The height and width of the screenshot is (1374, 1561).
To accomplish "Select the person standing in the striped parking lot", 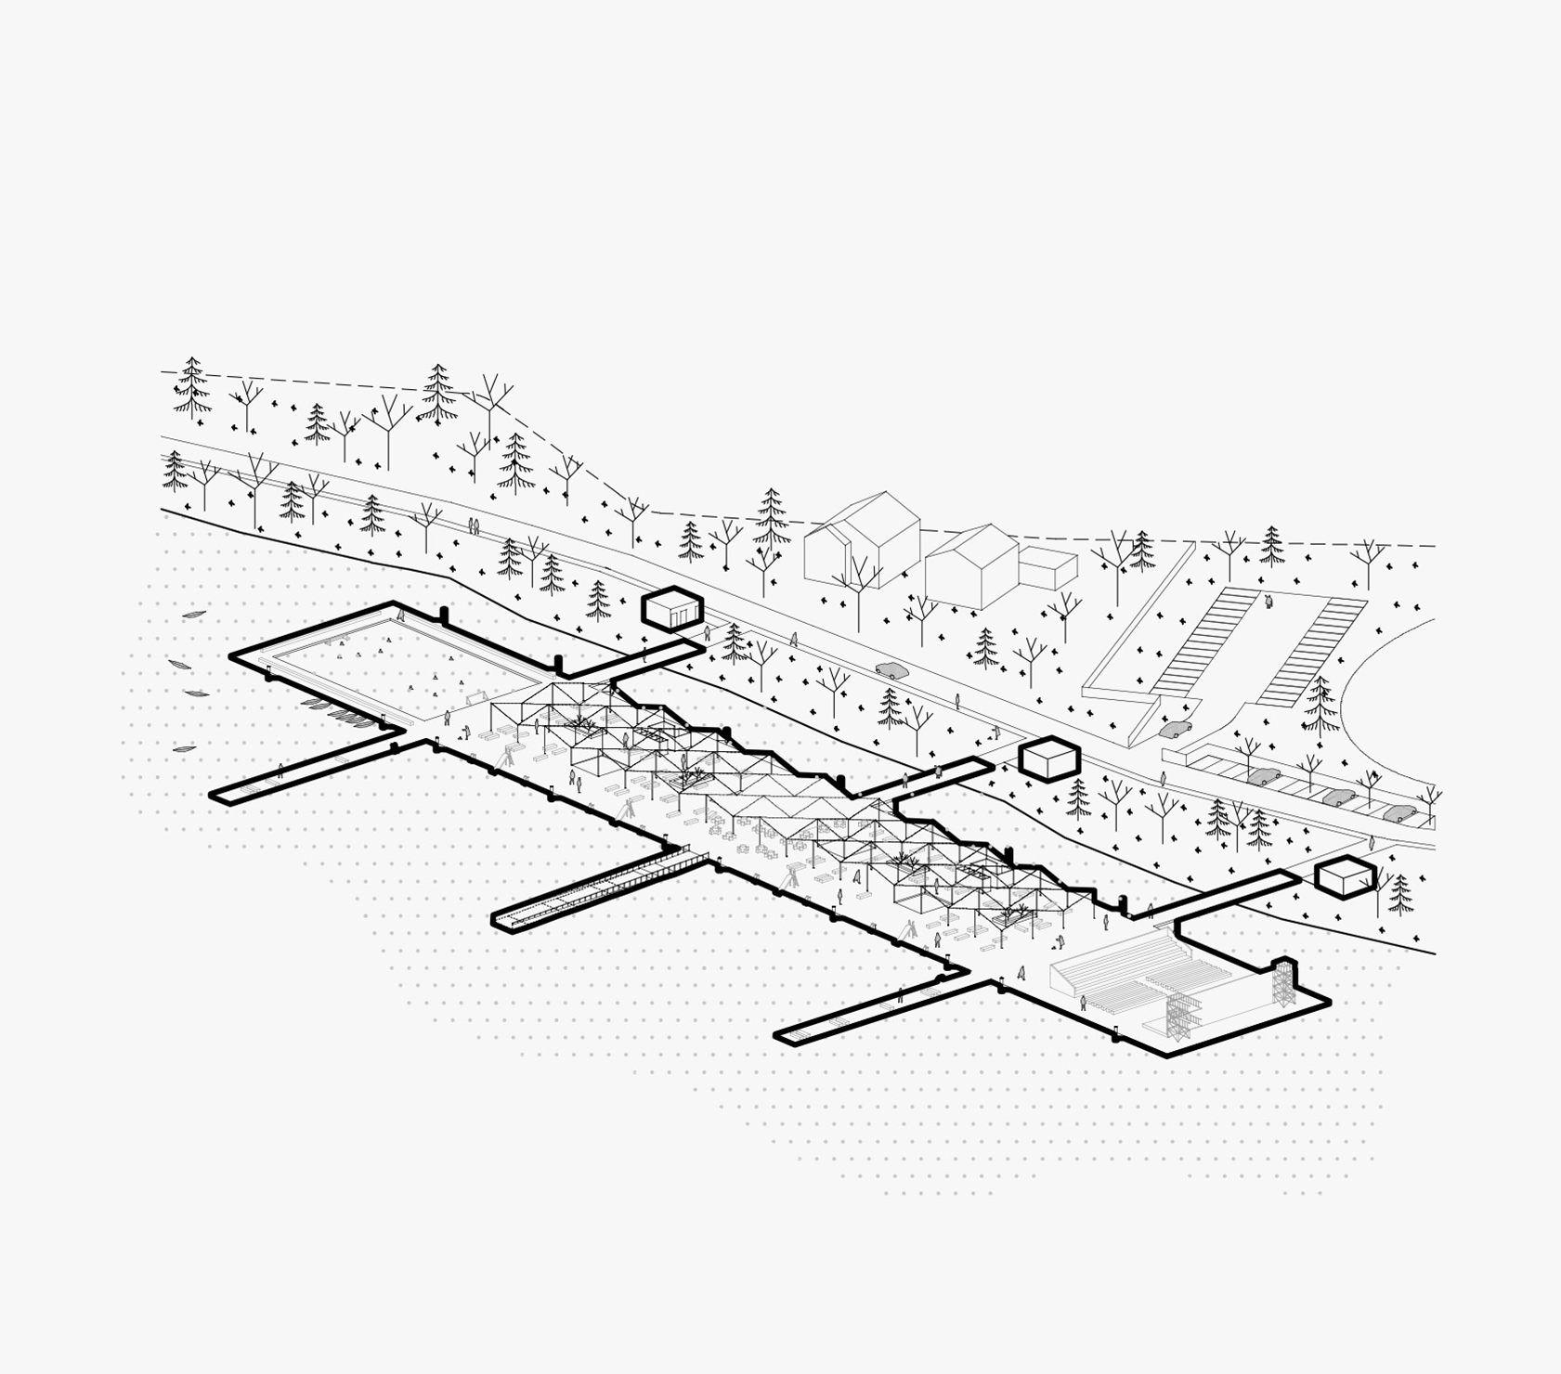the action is [1268, 602].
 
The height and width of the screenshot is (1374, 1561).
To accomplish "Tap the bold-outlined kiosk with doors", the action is [672, 609].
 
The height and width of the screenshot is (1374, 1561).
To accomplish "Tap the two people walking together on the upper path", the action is [474, 526].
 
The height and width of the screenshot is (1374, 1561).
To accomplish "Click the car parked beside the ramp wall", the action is [1175, 730].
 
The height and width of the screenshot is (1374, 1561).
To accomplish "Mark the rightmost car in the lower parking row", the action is [1400, 814].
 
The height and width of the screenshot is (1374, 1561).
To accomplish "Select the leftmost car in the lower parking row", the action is [1264, 776].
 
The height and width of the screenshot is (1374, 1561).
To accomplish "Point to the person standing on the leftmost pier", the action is [280, 770].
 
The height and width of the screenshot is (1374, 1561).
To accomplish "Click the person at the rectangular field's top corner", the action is [401, 613].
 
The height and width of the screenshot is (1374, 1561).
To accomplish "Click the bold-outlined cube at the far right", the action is [1345, 877].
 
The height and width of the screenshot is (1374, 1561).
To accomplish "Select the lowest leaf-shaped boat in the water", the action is [184, 748].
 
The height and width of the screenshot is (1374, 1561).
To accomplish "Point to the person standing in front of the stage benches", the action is [1083, 1002].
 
